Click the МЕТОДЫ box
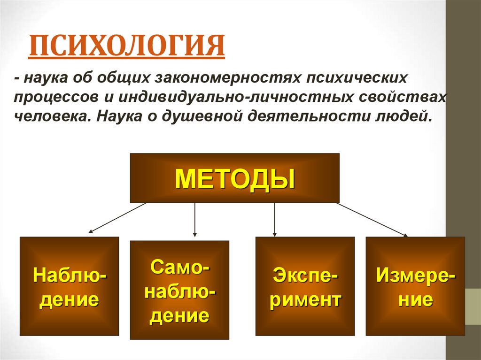234,178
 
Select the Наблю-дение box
69,286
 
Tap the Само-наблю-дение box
179,290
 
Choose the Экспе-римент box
305,286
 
